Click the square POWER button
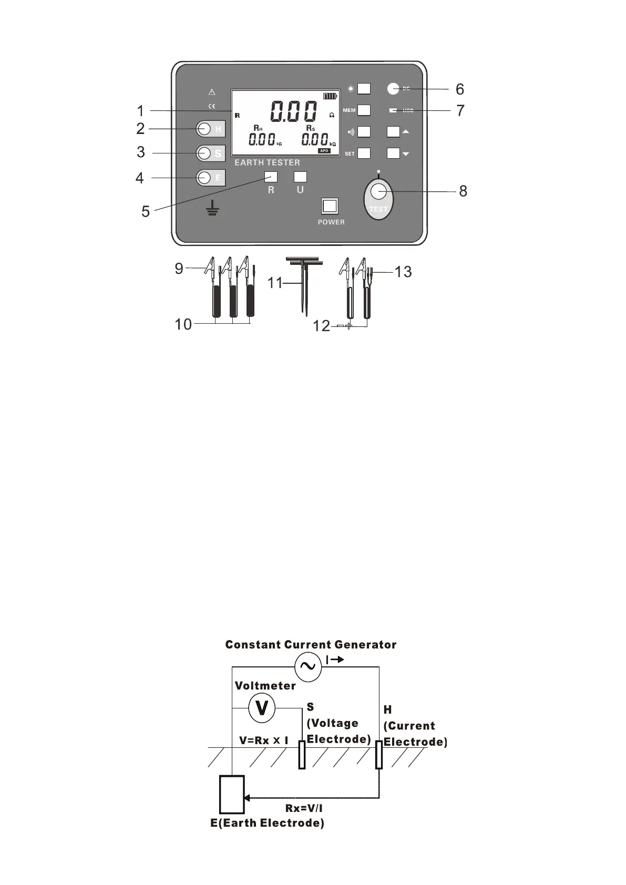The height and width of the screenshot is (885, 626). [x=330, y=206]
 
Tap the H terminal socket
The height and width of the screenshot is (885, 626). [x=204, y=129]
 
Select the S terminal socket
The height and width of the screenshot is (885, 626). [x=204, y=153]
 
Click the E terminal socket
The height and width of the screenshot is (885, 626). [x=204, y=178]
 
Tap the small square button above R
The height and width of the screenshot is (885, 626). [x=271, y=177]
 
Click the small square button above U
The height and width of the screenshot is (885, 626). [x=300, y=177]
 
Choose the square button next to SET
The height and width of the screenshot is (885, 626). [x=364, y=153]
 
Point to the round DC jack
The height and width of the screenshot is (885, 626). [x=393, y=89]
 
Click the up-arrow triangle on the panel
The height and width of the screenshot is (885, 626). [x=406, y=131]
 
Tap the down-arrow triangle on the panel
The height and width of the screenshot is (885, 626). [x=406, y=154]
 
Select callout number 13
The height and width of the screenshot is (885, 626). [x=403, y=272]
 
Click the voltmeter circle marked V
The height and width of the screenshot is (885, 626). [x=262, y=708]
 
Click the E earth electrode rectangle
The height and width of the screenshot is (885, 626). [x=232, y=795]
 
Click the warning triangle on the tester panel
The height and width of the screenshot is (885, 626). [x=212, y=92]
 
